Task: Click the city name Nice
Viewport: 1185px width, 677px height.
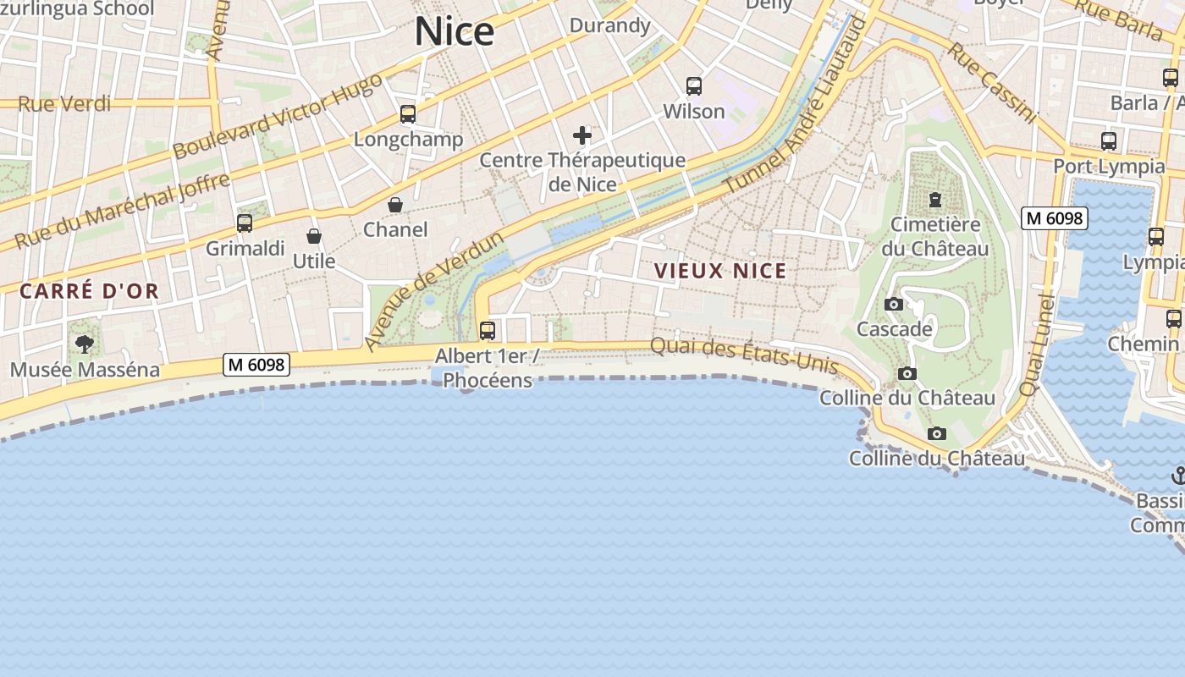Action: point(454,31)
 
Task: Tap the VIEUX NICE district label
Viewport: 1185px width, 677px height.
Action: point(721,271)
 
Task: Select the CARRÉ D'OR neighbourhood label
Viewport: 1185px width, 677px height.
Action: point(90,291)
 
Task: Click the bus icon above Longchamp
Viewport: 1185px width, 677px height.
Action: point(408,114)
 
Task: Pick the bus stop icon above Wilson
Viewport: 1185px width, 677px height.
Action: point(694,85)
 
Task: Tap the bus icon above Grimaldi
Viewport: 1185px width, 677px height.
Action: point(245,223)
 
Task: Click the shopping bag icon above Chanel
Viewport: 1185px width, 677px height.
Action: point(395,205)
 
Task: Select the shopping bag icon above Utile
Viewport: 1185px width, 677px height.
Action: point(314,236)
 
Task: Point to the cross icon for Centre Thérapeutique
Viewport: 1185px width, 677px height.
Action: point(582,135)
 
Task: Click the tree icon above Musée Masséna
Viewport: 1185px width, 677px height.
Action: point(84,344)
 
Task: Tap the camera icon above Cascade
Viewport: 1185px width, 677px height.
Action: point(893,304)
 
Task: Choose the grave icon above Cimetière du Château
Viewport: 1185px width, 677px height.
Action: point(934,200)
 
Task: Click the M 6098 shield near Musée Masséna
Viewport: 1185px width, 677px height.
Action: point(256,365)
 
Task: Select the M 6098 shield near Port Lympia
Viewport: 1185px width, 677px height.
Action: point(1054,217)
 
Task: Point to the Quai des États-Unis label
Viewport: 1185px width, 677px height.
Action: point(744,355)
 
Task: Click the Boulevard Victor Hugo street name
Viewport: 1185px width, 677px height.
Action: point(278,116)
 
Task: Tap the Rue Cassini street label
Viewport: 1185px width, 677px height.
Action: point(991,82)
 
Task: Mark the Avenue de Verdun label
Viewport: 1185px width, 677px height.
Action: point(433,290)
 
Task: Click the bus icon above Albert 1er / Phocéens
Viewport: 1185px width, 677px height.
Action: point(488,330)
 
